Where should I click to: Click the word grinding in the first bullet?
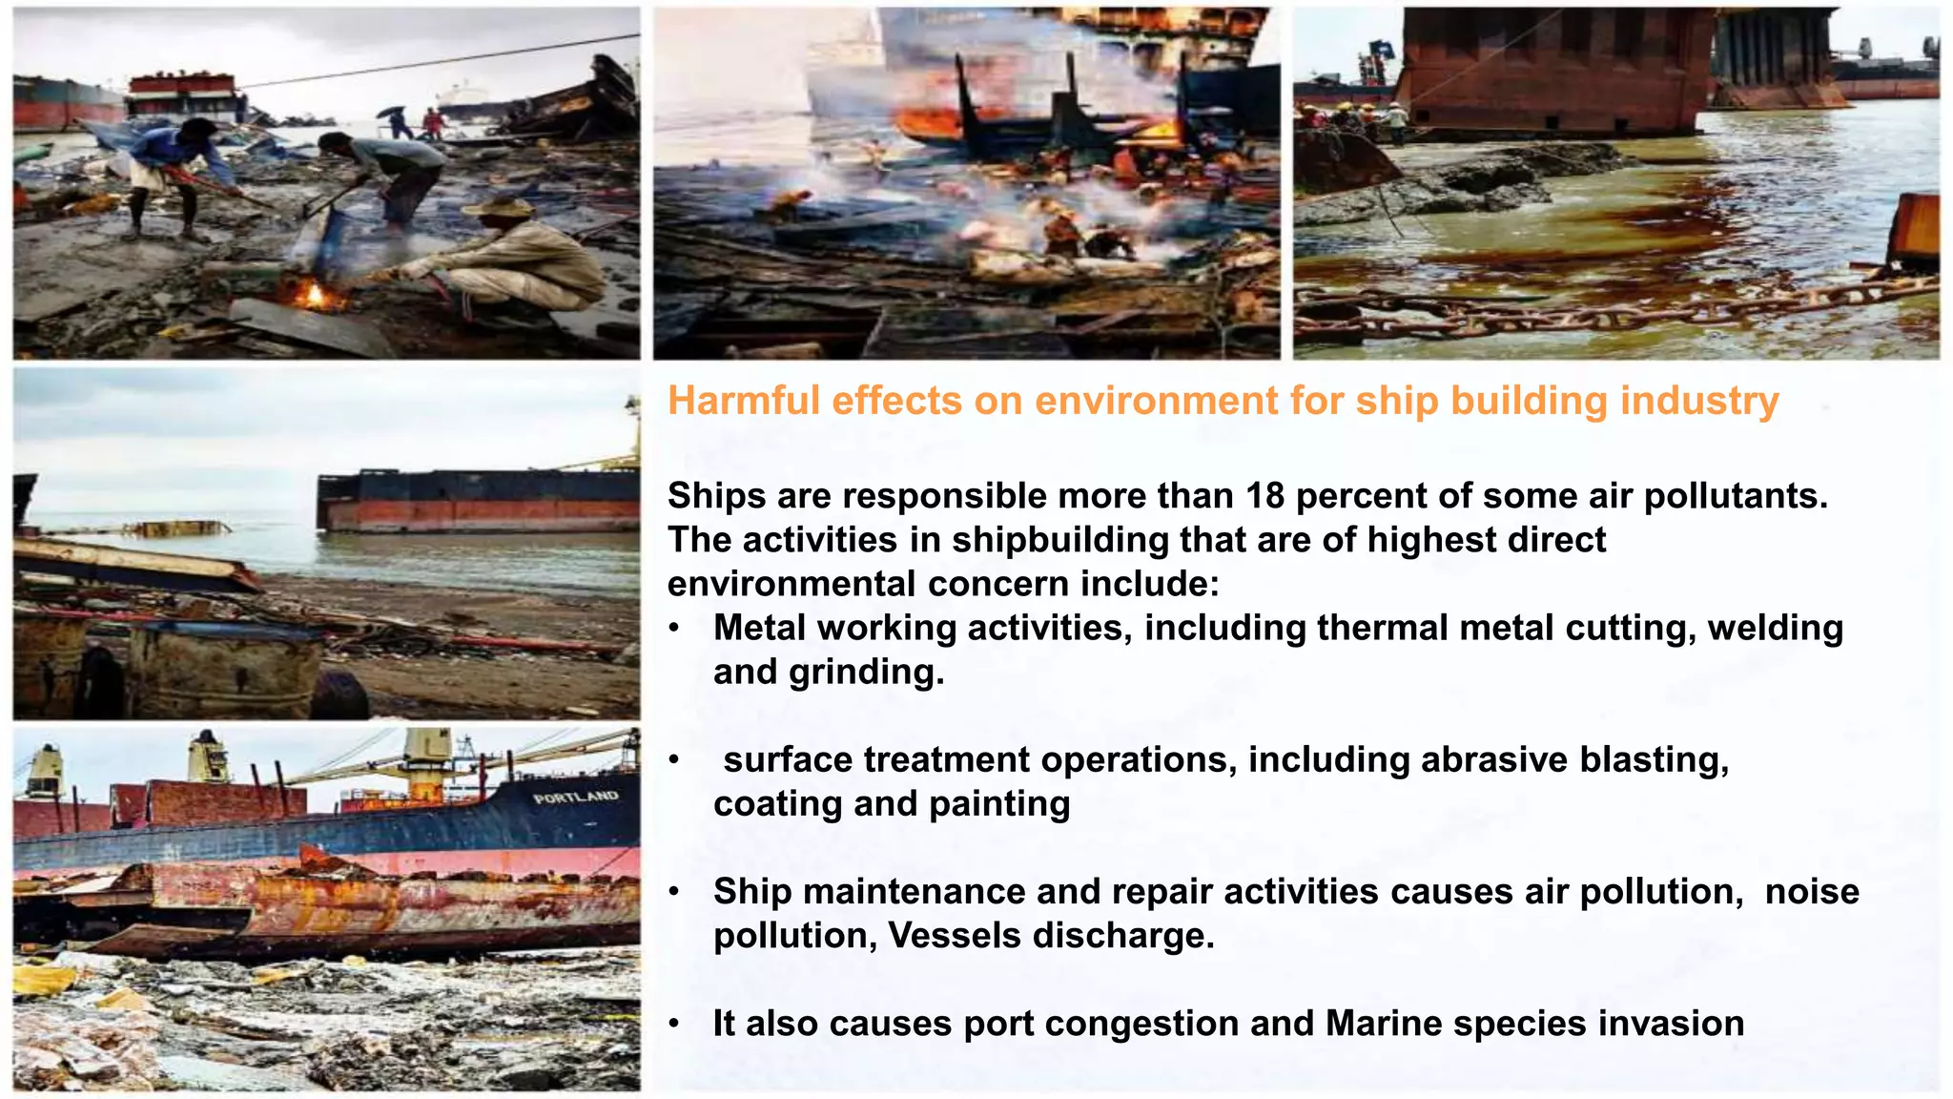click(866, 672)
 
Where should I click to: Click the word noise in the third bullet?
click(1812, 892)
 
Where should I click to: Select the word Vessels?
click(955, 936)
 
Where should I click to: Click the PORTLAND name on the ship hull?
click(576, 797)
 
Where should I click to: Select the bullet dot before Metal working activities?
click(674, 629)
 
